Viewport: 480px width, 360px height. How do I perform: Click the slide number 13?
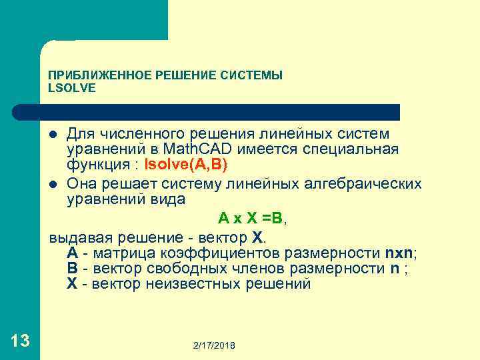point(20,341)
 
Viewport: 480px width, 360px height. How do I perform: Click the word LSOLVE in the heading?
point(73,87)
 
